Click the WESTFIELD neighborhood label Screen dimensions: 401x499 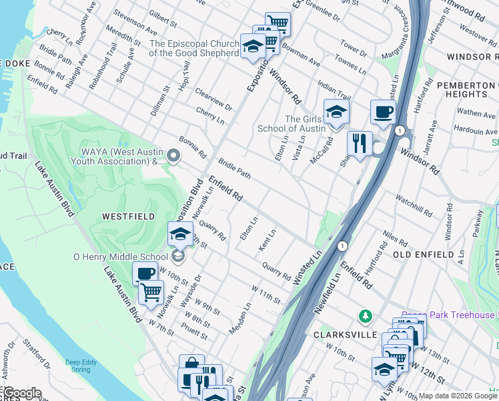point(128,217)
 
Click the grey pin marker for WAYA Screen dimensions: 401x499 point(174,156)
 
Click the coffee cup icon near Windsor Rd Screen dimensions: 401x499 point(382,112)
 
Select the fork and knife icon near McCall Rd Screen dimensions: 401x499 point(359,142)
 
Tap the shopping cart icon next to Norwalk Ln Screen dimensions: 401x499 point(151,292)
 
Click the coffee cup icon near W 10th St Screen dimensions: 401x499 point(145,274)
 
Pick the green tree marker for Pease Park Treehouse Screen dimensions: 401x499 point(364,315)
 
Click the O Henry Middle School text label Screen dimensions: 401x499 point(121,257)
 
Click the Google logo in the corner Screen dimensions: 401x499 point(21,393)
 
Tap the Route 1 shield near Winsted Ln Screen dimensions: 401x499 point(342,246)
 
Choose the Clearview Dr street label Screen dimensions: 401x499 point(213,98)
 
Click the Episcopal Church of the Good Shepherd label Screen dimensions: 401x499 point(194,47)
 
